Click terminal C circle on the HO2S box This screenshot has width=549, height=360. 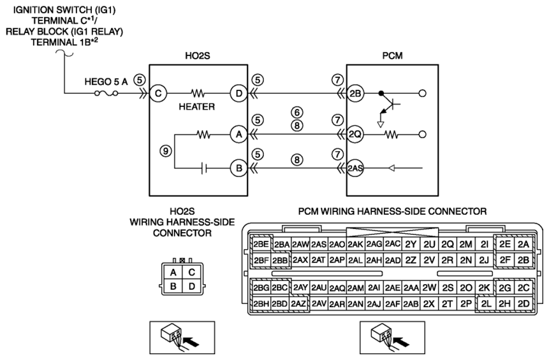(x=158, y=94)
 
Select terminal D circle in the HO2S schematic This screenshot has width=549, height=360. (x=238, y=94)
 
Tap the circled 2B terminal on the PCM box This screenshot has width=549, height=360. (x=355, y=94)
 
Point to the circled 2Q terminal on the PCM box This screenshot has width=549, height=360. (x=355, y=134)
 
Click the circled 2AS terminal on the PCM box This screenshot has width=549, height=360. (x=355, y=168)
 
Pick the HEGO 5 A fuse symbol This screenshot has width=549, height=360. (x=106, y=94)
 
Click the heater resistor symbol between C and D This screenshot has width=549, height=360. (x=198, y=94)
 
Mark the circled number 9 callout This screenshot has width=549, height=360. (x=166, y=151)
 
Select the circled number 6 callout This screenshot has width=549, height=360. (x=297, y=113)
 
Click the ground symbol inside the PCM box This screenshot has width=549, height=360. (x=381, y=124)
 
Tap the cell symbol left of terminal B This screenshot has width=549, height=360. (x=205, y=169)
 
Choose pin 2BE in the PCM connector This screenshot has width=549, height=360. (x=261, y=244)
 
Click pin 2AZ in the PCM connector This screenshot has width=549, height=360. (x=298, y=304)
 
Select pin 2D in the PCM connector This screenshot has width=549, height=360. (x=523, y=304)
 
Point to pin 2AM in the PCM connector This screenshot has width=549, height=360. (x=356, y=288)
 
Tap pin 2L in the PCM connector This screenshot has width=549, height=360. (x=486, y=304)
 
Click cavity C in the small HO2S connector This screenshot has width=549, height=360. (x=191, y=272)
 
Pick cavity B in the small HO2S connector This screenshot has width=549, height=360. (x=173, y=287)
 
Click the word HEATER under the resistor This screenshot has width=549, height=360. (x=197, y=106)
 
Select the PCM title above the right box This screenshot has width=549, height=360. (x=393, y=56)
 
